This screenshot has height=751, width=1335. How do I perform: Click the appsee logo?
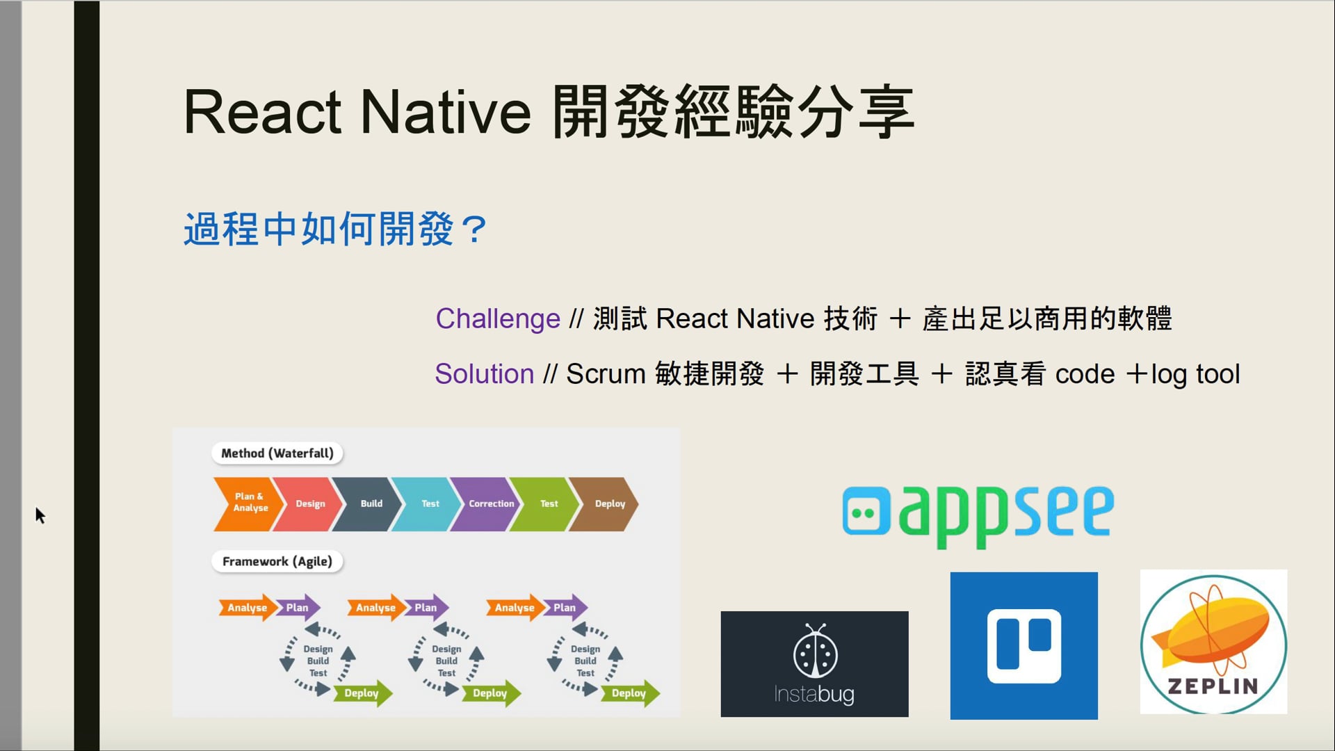(x=978, y=515)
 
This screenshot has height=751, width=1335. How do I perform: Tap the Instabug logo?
(x=814, y=664)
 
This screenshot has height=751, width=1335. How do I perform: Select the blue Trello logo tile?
(x=1023, y=646)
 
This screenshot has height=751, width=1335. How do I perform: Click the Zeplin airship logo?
(x=1213, y=642)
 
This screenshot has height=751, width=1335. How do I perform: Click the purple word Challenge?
(x=498, y=318)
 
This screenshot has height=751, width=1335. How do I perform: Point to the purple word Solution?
(x=485, y=374)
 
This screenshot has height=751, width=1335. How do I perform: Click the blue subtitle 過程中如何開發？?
(x=336, y=229)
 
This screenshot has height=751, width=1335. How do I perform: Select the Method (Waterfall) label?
(x=277, y=453)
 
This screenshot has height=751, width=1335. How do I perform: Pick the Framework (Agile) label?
(x=277, y=561)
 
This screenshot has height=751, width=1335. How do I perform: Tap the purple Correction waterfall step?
(x=489, y=504)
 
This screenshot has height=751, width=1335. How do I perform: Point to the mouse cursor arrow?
(x=40, y=515)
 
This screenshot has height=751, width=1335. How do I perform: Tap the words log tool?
(x=1195, y=375)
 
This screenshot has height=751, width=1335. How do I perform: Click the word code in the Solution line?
(x=1085, y=374)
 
